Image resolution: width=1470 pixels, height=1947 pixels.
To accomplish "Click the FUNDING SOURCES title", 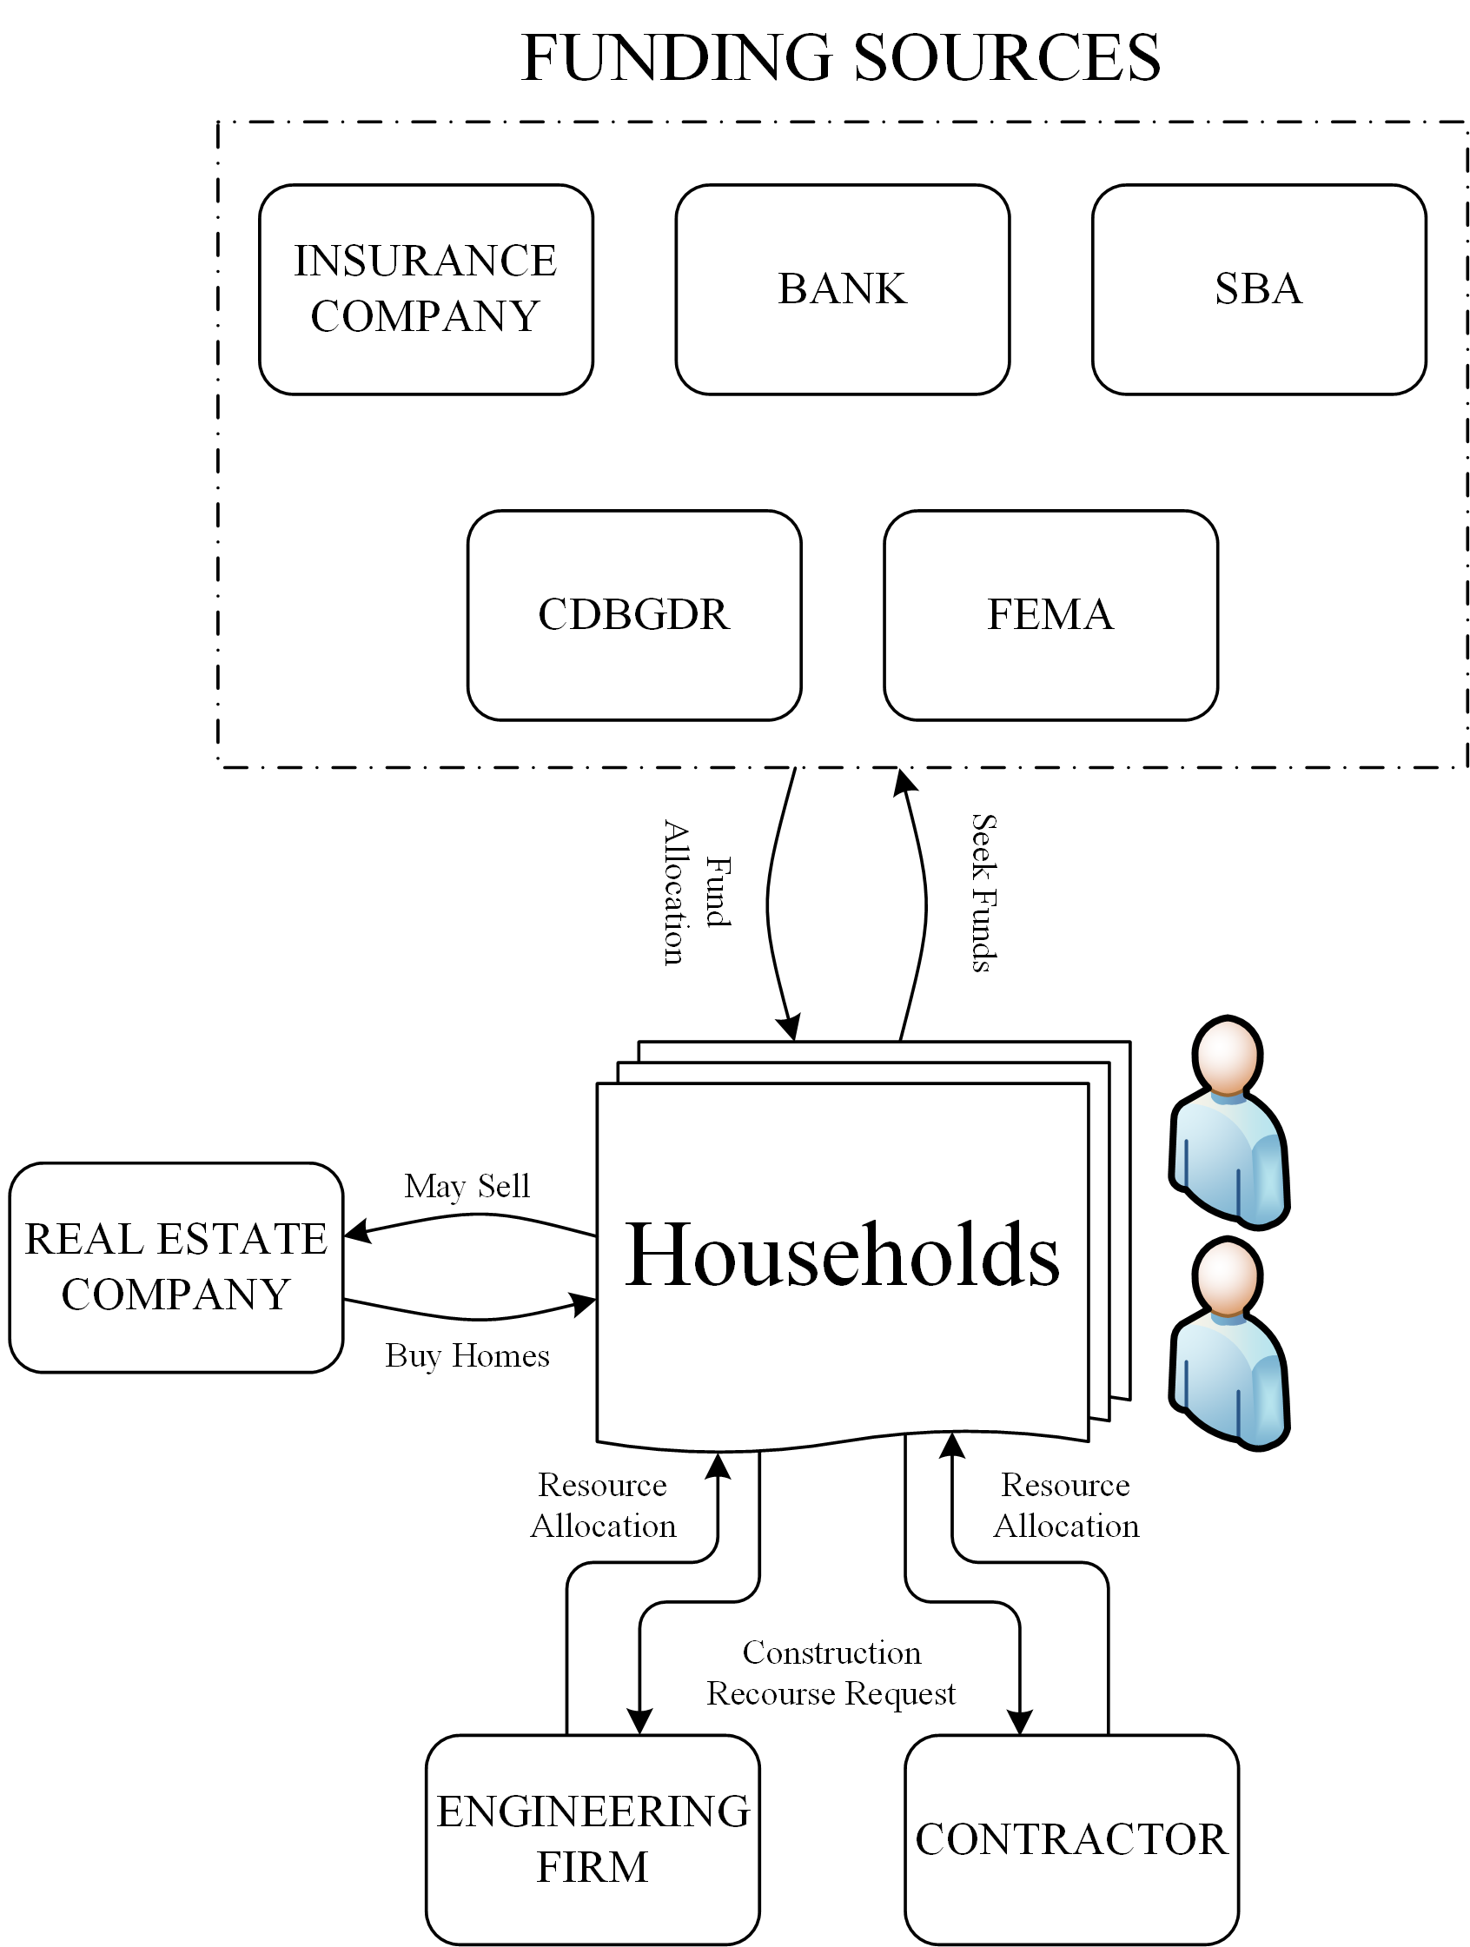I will (x=841, y=58).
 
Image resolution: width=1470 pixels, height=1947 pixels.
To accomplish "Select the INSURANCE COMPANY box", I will (x=425, y=288).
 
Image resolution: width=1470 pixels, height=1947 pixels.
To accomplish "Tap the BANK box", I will (x=842, y=288).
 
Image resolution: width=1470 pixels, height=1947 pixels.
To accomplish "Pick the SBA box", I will (x=1258, y=288).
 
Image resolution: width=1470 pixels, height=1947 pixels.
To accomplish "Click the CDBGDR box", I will (x=633, y=614).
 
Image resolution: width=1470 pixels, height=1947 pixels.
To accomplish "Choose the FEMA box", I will (x=1050, y=614).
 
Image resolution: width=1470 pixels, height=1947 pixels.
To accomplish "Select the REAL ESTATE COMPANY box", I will (x=175, y=1267).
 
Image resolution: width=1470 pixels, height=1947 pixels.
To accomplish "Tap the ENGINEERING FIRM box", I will (x=593, y=1838).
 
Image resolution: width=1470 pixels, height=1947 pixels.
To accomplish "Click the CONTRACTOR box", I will (x=1070, y=1838).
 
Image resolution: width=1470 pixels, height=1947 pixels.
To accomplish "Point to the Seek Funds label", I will (x=983, y=892).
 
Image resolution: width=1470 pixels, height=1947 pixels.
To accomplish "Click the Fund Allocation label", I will (x=695, y=892).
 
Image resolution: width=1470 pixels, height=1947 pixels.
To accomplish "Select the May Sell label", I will (x=467, y=1186).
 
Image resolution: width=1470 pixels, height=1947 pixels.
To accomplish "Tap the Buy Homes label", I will (x=467, y=1355).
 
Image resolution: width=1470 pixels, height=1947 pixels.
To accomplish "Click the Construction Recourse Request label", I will (x=831, y=1672).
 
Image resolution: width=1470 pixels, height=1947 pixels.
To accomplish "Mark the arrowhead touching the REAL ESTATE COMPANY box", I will (x=355, y=1231).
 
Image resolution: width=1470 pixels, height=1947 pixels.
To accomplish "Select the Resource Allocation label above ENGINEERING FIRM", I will (x=603, y=1505).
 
